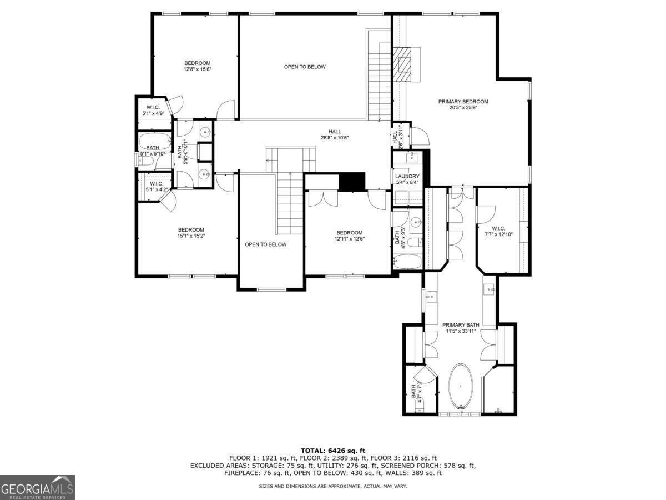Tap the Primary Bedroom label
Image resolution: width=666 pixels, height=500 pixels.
pos(463,102)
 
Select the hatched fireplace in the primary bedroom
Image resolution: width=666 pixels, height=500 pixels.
pos(404,64)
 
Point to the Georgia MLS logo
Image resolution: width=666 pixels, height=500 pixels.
pos(37,487)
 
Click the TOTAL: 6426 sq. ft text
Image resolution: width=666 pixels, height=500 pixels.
pos(332,451)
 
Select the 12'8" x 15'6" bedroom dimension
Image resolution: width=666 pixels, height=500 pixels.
pos(198,69)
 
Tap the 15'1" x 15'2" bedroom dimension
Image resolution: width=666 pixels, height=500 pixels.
pos(191,236)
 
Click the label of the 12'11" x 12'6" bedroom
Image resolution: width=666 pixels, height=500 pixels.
pos(349,233)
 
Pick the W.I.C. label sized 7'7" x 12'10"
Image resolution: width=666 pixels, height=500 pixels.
pos(498,228)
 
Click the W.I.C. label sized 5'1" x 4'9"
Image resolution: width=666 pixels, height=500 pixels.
pos(153,107)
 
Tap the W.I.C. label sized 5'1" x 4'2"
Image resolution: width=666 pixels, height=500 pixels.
pos(156,184)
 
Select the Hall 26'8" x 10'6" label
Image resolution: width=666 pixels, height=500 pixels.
pos(335,132)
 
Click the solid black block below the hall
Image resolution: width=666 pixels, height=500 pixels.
pos(352,182)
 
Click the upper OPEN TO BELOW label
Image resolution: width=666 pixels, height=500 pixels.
pos(305,67)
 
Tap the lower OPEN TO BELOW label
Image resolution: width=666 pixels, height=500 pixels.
pos(266,244)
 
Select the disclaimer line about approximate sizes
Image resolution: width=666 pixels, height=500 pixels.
pos(332,486)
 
